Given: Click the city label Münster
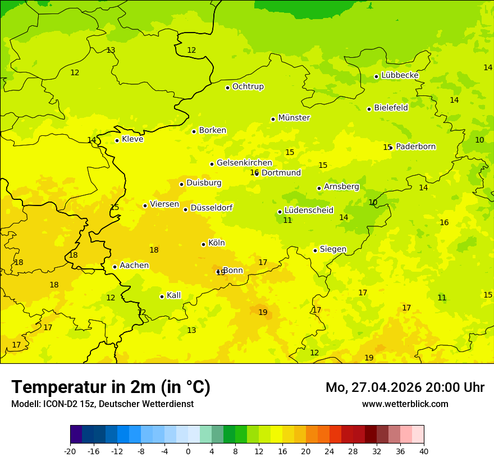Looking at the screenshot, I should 294,118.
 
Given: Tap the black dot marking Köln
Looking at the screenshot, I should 203,244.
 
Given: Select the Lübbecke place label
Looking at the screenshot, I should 400,75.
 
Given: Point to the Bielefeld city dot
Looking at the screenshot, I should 369,109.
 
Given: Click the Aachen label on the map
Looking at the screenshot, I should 134,266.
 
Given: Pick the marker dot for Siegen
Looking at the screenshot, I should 315,250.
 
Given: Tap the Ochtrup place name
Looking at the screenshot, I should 248,86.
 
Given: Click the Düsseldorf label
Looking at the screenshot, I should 212,208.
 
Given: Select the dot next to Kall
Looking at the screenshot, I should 162,296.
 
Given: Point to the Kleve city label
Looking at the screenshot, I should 132,139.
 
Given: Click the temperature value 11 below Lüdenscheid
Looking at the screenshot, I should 287,221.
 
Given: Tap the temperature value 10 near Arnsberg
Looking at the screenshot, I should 373,202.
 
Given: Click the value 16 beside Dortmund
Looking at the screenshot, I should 254,173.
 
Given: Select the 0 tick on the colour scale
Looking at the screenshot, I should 188,451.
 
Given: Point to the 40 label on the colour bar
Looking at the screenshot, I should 424,451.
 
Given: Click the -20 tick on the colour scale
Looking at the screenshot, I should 70,451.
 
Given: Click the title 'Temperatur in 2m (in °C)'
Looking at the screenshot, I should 111,387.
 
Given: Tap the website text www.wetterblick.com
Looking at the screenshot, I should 405,404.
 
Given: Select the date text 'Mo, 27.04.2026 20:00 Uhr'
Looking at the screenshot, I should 405,387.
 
